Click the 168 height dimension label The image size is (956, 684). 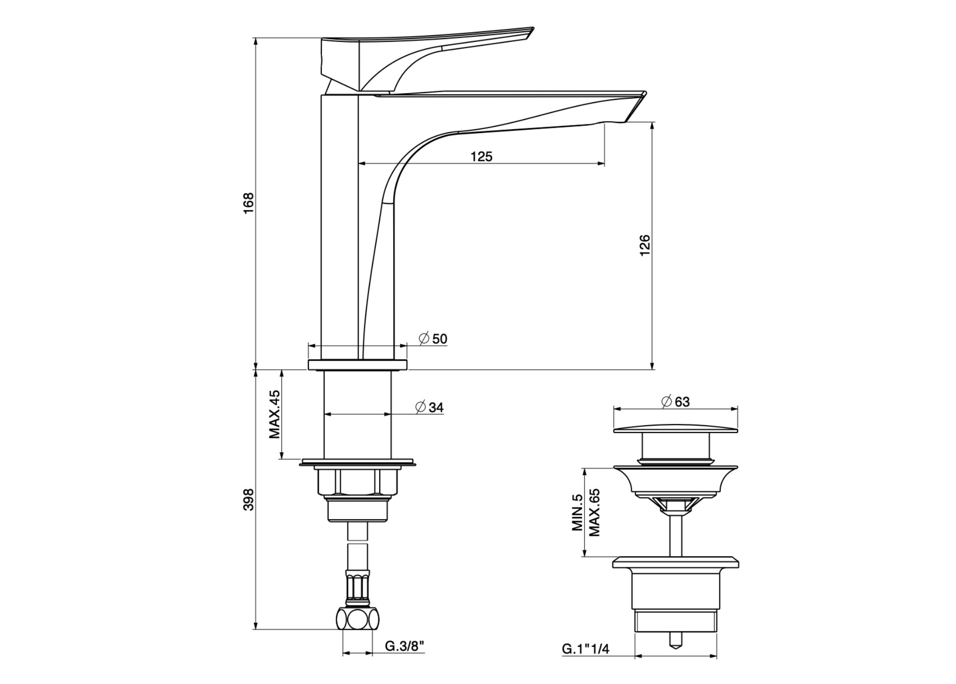pyautogui.click(x=248, y=203)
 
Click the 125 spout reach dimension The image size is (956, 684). pyautogui.click(x=481, y=156)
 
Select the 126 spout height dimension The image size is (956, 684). pyautogui.click(x=645, y=245)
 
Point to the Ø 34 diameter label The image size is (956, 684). pyautogui.click(x=430, y=407)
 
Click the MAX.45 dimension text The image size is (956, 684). pyautogui.click(x=275, y=414)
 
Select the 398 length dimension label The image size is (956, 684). pyautogui.click(x=248, y=500)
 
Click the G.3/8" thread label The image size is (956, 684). pyautogui.click(x=404, y=646)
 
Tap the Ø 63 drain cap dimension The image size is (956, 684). pyautogui.click(x=676, y=402)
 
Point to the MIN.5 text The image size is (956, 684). pyautogui.click(x=578, y=513)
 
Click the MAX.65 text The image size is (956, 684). pyautogui.click(x=594, y=513)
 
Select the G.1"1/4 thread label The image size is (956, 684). pyautogui.click(x=585, y=649)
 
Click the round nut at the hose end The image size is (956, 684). pyautogui.click(x=357, y=619)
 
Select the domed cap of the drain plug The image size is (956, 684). pyautogui.click(x=676, y=429)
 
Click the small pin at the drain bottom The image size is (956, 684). pyautogui.click(x=676, y=639)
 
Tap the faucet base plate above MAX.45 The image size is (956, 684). pyautogui.click(x=358, y=365)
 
